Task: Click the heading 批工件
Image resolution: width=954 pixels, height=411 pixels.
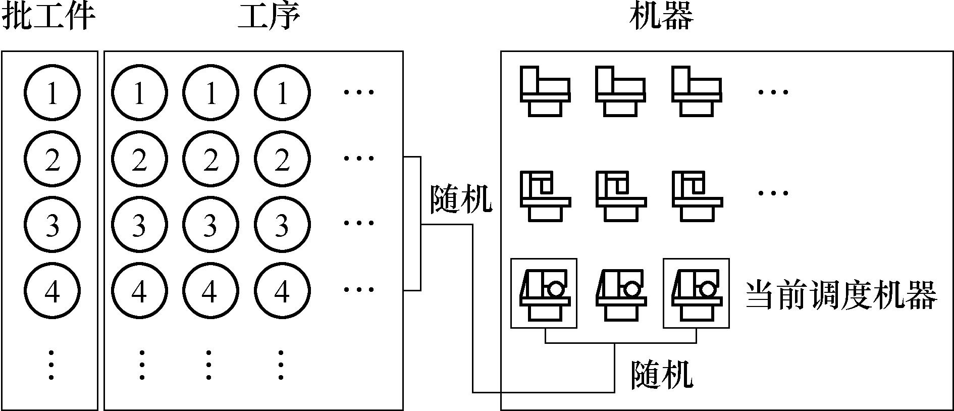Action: pyautogui.click(x=49, y=17)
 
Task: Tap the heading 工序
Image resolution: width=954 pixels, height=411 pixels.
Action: pyautogui.click(x=269, y=17)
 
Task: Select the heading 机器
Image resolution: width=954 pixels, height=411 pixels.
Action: pyautogui.click(x=661, y=17)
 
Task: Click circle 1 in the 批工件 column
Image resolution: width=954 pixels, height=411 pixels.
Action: pyautogui.click(x=52, y=93)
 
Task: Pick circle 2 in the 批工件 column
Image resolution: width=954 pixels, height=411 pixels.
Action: pyautogui.click(x=52, y=159)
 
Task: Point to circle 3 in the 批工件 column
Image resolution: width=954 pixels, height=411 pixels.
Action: pyautogui.click(x=52, y=225)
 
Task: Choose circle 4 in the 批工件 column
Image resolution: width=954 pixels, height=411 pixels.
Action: pyautogui.click(x=52, y=291)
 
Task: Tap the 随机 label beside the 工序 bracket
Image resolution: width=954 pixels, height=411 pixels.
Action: pyautogui.click(x=460, y=199)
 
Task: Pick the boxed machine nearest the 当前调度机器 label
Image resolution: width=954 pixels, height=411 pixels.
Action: pyautogui.click(x=696, y=293)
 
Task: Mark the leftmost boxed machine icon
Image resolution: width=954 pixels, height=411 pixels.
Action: pyautogui.click(x=544, y=293)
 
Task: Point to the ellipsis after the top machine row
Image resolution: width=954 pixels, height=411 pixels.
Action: pyautogui.click(x=773, y=92)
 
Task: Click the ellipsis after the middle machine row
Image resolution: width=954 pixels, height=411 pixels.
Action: pyautogui.click(x=773, y=193)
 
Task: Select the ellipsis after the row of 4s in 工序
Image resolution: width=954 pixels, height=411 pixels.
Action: pyautogui.click(x=359, y=290)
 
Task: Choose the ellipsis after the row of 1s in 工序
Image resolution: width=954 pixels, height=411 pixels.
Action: pyautogui.click(x=359, y=92)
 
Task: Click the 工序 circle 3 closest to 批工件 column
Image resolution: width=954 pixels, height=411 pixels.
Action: pyautogui.click(x=139, y=225)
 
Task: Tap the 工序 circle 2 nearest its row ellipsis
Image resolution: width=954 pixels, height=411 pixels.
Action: pyautogui.click(x=282, y=159)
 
